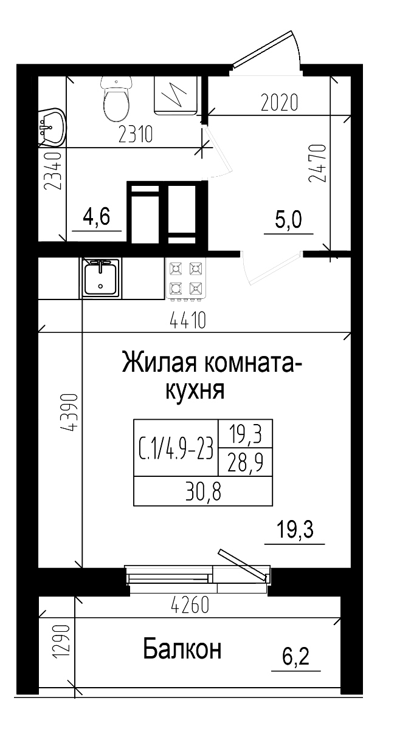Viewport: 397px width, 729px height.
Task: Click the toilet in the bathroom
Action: point(116,100)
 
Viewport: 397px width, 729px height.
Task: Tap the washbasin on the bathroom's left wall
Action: point(52,128)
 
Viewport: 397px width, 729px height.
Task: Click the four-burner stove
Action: point(185,278)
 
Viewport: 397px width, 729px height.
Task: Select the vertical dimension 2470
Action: point(317,163)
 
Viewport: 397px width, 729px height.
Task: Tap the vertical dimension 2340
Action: point(54,172)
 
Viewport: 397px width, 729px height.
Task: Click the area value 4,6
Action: point(97,216)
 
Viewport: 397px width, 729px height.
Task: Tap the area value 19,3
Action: point(295,530)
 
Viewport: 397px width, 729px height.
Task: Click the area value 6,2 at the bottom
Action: point(296,656)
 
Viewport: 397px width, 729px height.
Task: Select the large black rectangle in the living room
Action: point(202,462)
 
